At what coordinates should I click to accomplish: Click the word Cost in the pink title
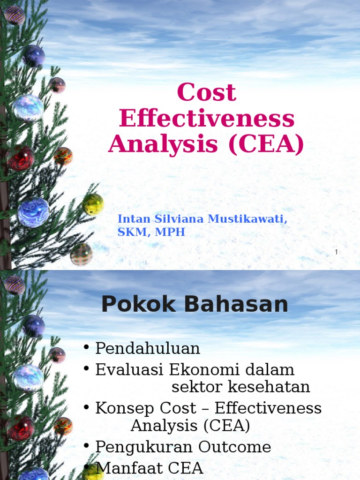coord(207,93)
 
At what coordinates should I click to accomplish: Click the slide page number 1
coord(336,253)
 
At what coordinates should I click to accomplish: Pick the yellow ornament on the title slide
coord(93,204)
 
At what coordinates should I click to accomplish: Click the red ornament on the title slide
coord(20,157)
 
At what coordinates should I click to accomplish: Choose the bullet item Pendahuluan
coord(148,349)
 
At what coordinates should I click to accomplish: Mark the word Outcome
coord(234,447)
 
